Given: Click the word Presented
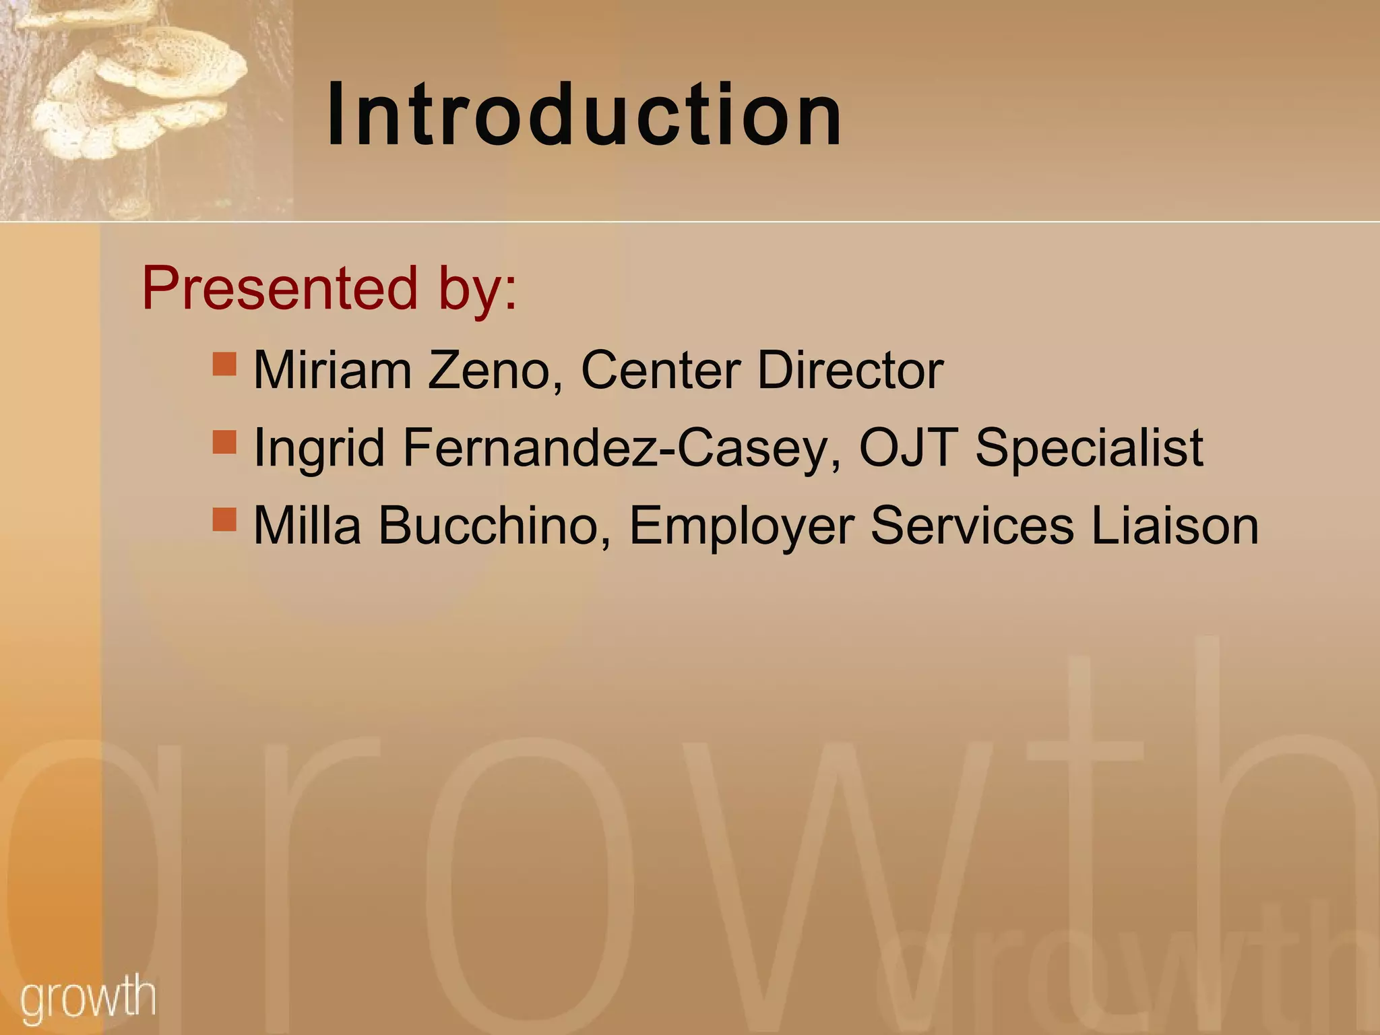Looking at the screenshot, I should tap(279, 288).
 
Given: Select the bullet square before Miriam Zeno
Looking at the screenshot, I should tap(224, 364).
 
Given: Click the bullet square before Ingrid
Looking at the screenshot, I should tap(224, 442).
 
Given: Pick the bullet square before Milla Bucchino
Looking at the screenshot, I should tap(224, 520).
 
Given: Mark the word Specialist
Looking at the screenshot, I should tap(1089, 448).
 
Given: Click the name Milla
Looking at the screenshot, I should tap(307, 526).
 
